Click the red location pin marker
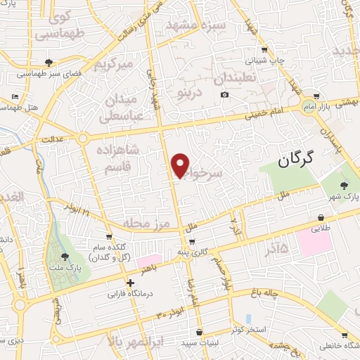click(x=181, y=165)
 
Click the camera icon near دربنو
click(x=224, y=95)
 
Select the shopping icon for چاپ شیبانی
click(x=264, y=50)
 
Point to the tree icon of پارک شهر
click(x=344, y=185)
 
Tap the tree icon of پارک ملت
click(x=65, y=257)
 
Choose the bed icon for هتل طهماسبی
click(x=15, y=97)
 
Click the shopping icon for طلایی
click(x=321, y=218)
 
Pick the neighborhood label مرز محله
click(x=147, y=223)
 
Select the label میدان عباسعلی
click(x=126, y=105)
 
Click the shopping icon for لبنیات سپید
click(x=200, y=333)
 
